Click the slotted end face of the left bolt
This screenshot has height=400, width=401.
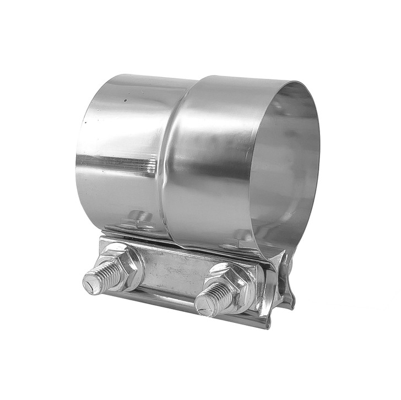pos(90,284)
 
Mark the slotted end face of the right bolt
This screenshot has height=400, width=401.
pos(203,305)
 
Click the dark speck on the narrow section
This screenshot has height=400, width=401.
pos(126,101)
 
